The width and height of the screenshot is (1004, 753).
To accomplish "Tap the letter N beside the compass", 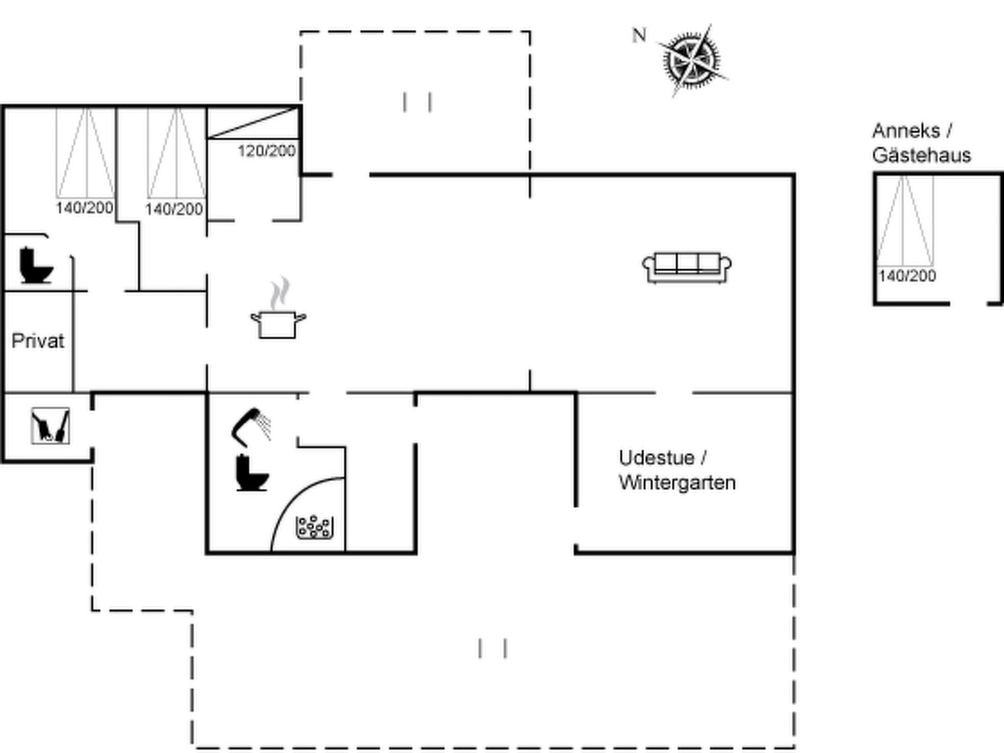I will [x=639, y=36].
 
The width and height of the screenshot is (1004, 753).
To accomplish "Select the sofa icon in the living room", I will [x=687, y=268].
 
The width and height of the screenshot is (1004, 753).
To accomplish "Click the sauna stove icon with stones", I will [x=315, y=527].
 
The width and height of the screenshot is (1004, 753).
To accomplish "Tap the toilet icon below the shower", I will [x=251, y=473].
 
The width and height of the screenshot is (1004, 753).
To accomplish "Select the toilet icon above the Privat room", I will [x=35, y=266].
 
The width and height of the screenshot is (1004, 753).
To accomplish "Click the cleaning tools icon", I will [x=50, y=426].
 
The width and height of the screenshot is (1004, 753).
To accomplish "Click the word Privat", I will [x=38, y=341].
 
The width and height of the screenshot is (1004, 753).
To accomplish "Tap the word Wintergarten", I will [x=677, y=483].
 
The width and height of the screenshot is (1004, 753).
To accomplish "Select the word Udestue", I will [x=656, y=458].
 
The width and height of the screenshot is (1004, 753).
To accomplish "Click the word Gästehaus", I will [x=921, y=155].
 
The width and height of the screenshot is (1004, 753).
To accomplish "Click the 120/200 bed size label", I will [x=267, y=151].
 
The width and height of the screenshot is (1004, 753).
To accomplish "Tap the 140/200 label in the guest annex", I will [x=907, y=276].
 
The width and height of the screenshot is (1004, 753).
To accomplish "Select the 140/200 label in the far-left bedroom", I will [x=84, y=208].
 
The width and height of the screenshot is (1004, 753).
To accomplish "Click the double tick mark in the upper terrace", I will [x=417, y=102].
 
